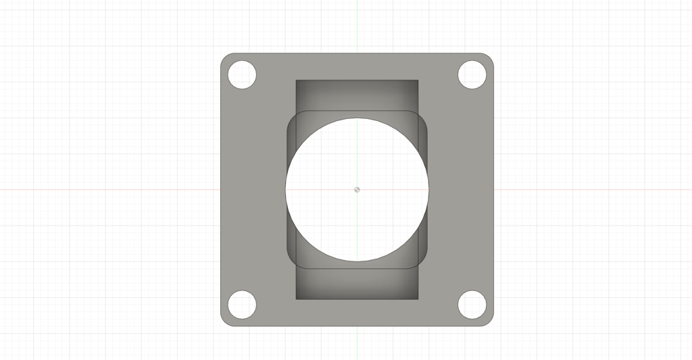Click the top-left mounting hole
click(242, 75)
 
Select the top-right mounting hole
click(472, 74)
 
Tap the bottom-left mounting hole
click(242, 304)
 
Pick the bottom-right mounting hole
click(472, 304)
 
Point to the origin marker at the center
click(357, 189)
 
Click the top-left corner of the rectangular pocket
click(296, 80)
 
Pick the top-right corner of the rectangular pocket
click(418, 80)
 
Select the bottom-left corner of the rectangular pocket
click(296, 299)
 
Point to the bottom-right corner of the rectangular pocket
click(418, 299)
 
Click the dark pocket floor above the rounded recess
click(357, 95)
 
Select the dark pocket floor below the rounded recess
click(357, 284)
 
